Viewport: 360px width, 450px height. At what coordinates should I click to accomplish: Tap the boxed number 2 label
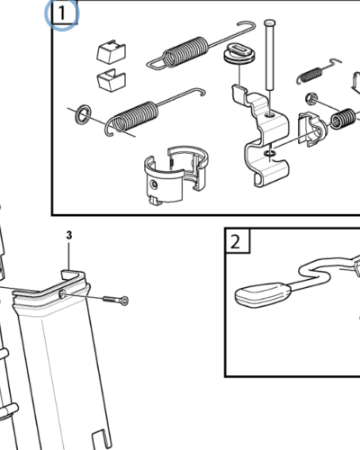[235, 240]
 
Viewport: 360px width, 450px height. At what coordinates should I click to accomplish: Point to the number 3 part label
[68, 236]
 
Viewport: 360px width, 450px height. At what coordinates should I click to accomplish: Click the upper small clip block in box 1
[111, 50]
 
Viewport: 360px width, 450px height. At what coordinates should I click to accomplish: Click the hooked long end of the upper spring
[155, 61]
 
